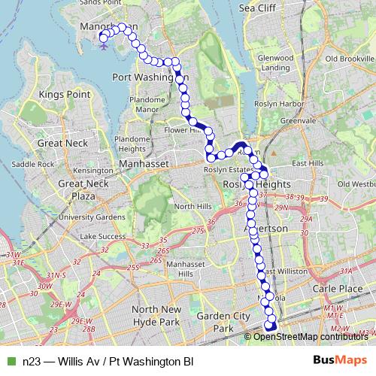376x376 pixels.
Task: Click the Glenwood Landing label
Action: click(274, 62)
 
